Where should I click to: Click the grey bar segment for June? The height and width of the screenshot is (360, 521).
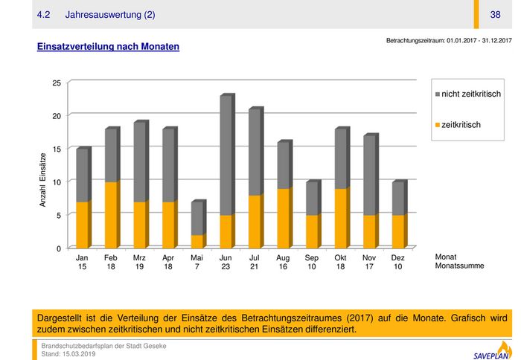(x=226, y=155)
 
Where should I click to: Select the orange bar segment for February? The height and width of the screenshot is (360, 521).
(x=111, y=214)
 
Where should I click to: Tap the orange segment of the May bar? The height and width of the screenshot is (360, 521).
(x=196, y=241)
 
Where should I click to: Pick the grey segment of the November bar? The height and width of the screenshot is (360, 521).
(x=368, y=176)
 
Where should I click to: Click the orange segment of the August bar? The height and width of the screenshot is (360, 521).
(x=283, y=217)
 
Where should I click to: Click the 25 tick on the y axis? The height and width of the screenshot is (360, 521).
(x=57, y=83)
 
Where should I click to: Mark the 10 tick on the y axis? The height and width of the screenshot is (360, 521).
(x=57, y=181)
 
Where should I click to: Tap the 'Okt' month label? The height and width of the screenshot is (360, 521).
(x=340, y=257)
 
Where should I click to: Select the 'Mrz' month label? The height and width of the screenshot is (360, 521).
(x=139, y=257)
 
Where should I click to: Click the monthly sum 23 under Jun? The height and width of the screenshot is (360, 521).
(x=226, y=266)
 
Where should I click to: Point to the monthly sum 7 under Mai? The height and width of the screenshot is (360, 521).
(x=196, y=266)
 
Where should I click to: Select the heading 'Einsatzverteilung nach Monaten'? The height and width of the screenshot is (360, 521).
(x=108, y=47)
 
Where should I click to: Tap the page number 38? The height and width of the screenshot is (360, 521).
(x=496, y=15)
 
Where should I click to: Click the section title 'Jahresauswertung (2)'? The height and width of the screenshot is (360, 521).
(x=110, y=15)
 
